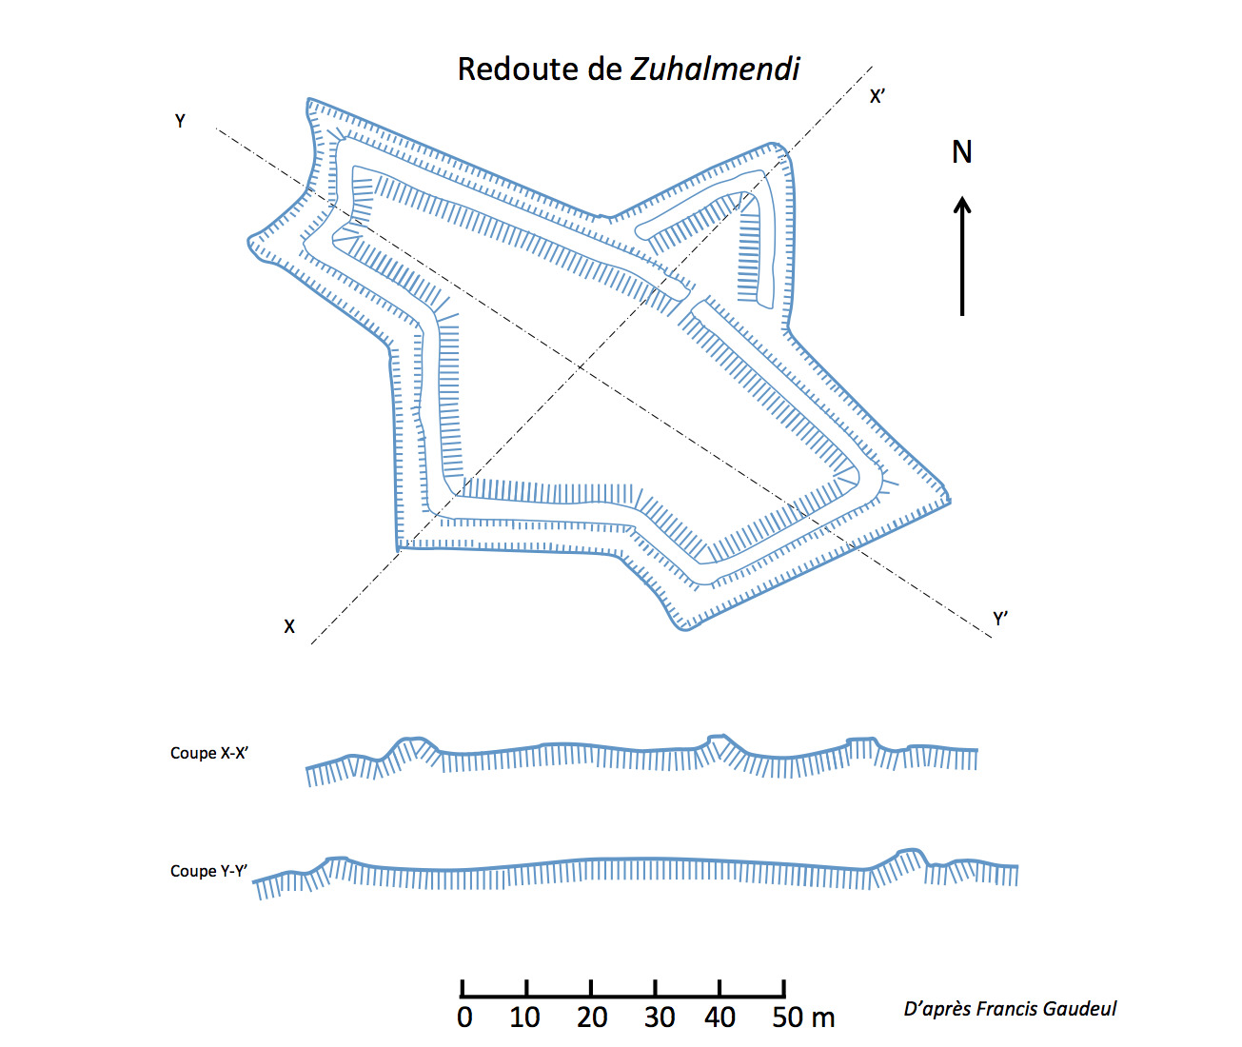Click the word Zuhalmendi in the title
click(x=716, y=69)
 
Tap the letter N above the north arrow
click(x=962, y=152)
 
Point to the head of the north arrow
click(x=962, y=203)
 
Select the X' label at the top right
click(x=877, y=96)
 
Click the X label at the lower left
click(x=289, y=626)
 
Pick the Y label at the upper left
click(x=180, y=121)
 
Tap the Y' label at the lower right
click(x=1000, y=619)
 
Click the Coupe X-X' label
click(x=209, y=753)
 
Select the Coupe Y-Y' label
click(x=209, y=871)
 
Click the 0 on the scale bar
click(x=464, y=1017)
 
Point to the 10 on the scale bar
click(x=524, y=1017)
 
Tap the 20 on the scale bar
click(x=592, y=1017)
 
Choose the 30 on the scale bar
click(x=660, y=1017)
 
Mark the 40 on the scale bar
click(x=720, y=1017)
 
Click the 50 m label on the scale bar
click(x=803, y=1017)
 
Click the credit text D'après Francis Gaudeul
click(x=1010, y=1009)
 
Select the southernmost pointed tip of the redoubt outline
click(x=681, y=629)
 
